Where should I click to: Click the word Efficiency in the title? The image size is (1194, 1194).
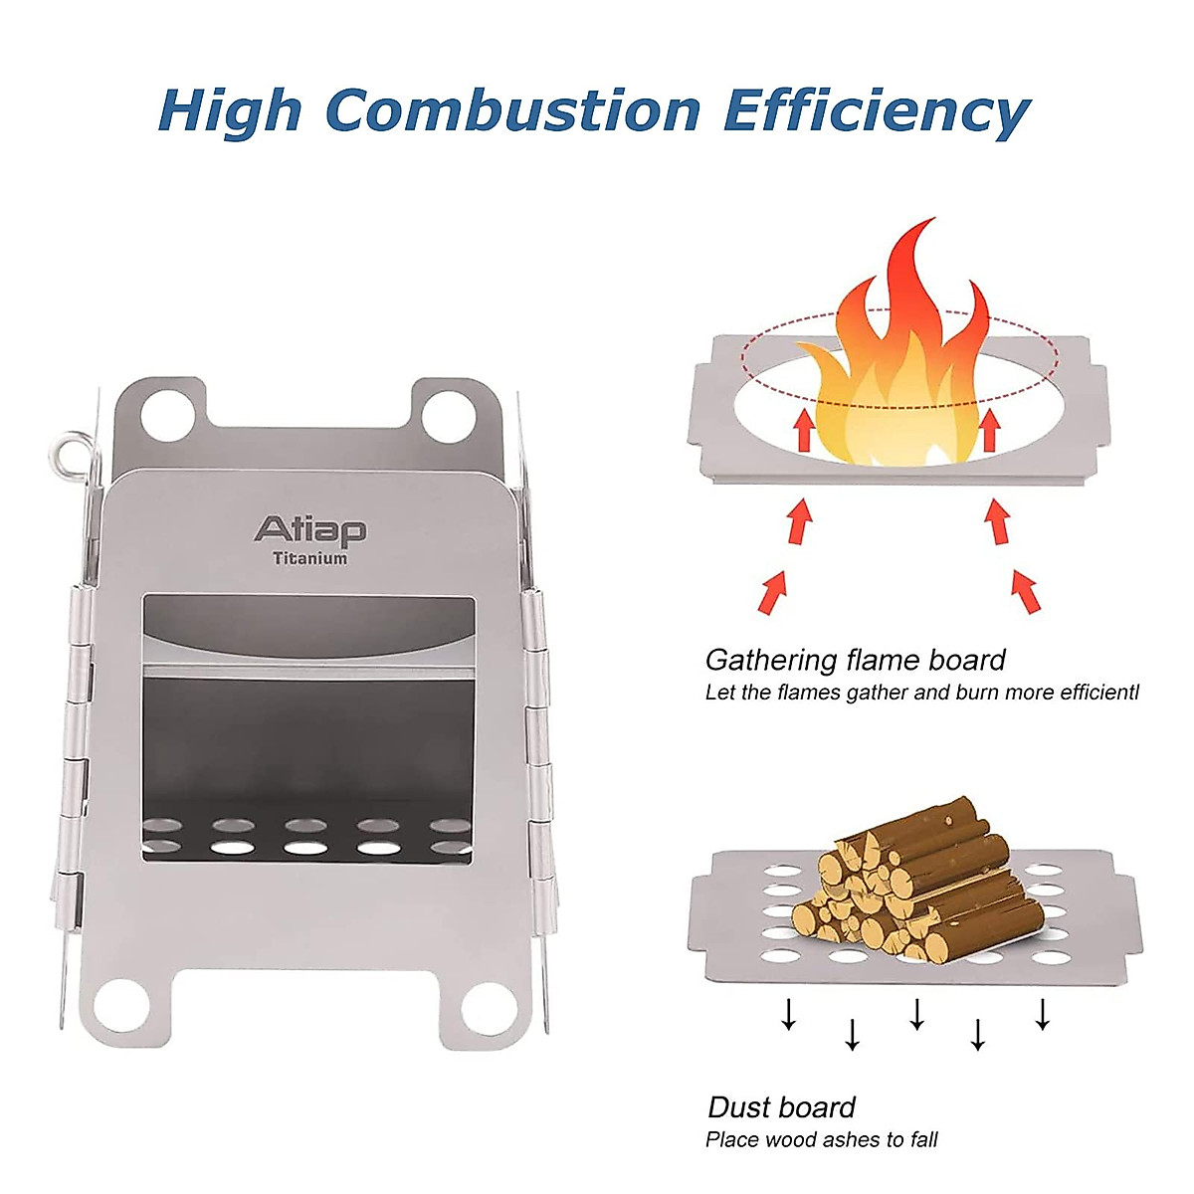point(876,111)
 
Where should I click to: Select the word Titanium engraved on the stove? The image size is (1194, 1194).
point(310,558)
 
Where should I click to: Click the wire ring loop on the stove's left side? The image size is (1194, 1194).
point(68,454)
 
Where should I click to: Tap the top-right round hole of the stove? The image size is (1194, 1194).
point(448,416)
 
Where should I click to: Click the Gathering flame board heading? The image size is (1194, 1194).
point(855,660)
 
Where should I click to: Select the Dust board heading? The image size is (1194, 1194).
point(781,1107)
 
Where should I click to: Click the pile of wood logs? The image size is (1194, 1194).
point(915,876)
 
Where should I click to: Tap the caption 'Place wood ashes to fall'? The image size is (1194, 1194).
point(821,1139)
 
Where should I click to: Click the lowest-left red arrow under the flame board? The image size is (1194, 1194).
point(772,592)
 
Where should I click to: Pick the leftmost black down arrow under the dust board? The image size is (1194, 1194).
point(788,1014)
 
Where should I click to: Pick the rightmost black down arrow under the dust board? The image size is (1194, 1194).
point(1042,1014)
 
